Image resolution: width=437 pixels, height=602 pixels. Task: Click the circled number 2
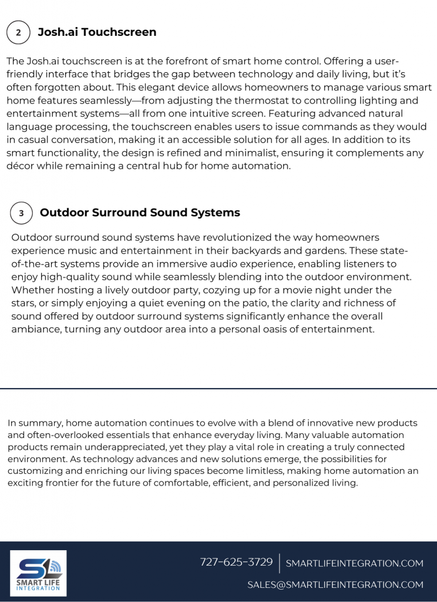(x=18, y=32)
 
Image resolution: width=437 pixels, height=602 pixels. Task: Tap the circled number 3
(x=21, y=213)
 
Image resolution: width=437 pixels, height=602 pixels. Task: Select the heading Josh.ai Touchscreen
(x=97, y=32)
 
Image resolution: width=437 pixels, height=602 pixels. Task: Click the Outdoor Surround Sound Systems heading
(x=140, y=213)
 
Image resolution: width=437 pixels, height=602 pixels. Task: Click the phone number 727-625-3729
(x=236, y=562)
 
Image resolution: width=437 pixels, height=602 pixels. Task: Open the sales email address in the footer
(x=335, y=584)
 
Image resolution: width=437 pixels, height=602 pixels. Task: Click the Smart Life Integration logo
(x=39, y=573)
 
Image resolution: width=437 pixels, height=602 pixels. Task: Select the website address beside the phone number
(x=354, y=563)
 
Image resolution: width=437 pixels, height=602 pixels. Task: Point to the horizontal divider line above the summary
(x=218, y=389)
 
